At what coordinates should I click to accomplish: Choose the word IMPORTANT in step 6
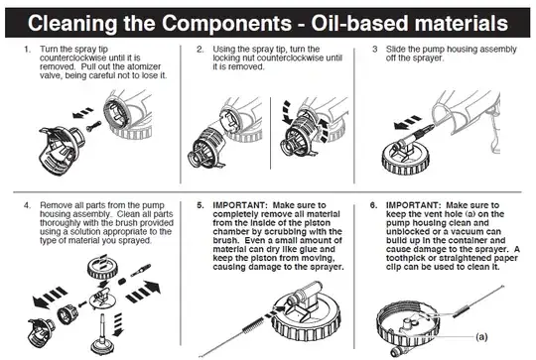coord(424,205)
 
